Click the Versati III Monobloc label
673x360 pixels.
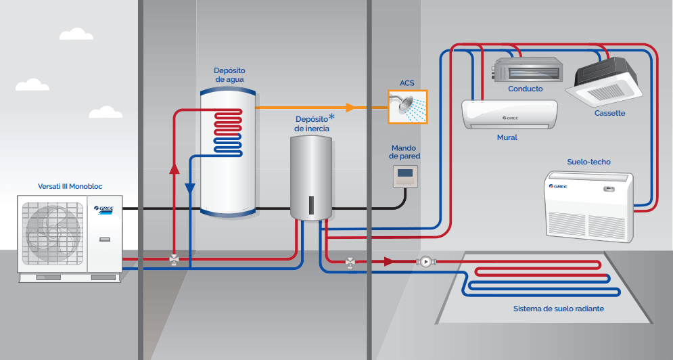point(71,186)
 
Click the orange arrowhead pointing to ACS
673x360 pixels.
point(350,107)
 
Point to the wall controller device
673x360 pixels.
point(404,177)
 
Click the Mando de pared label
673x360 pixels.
point(404,152)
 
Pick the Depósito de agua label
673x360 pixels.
point(229,74)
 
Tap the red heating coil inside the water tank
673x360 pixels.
point(228,125)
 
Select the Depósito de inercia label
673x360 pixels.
point(312,124)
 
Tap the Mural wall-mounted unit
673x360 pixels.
point(509,114)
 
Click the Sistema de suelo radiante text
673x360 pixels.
point(558,309)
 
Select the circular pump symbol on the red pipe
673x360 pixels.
point(426,261)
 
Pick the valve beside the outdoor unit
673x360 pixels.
point(174,259)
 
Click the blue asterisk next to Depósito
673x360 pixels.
point(331,118)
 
